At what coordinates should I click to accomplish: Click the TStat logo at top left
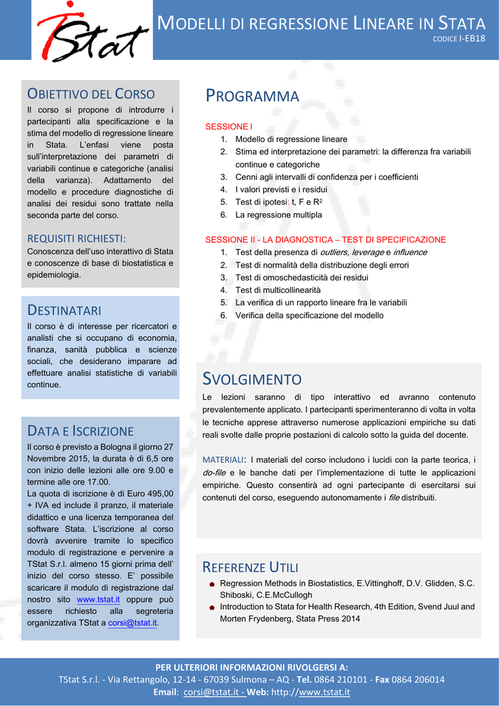coord(92,32)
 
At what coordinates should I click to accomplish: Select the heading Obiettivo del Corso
coord(91,94)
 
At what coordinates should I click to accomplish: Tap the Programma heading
coord(252,97)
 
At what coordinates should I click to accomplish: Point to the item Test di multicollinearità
coord(278,290)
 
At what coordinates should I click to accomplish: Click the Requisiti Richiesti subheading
coord(77,239)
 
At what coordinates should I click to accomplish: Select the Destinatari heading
coord(64,310)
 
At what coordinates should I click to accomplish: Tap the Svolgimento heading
coord(252,379)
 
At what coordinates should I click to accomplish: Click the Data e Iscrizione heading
coord(81,431)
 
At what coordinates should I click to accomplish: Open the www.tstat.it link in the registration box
coord(96,599)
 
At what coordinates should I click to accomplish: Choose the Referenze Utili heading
coord(250,567)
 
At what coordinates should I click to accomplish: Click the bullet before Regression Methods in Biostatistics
coord(212,585)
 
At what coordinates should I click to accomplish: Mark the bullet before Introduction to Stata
coord(212,608)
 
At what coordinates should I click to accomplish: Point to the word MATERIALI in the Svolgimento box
coord(224,460)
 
